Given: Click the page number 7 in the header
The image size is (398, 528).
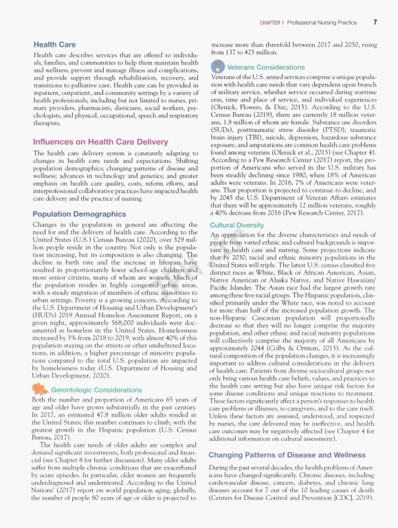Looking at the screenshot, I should tap(375, 23).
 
